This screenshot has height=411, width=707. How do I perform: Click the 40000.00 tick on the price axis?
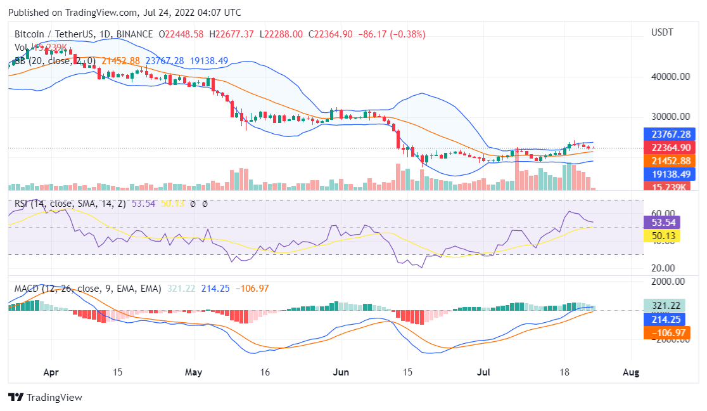pos(669,77)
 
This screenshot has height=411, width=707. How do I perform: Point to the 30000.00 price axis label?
pos(669,117)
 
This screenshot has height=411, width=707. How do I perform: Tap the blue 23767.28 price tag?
pos(669,134)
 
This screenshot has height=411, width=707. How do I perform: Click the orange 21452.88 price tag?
pos(669,160)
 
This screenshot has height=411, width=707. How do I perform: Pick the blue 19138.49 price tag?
pos(669,173)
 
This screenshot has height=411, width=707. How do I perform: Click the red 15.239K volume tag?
pos(669,186)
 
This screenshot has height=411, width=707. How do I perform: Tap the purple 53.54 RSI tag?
pos(662,223)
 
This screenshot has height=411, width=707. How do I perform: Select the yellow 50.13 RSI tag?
pos(662,236)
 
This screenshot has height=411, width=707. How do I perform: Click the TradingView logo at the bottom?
pos(46,397)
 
